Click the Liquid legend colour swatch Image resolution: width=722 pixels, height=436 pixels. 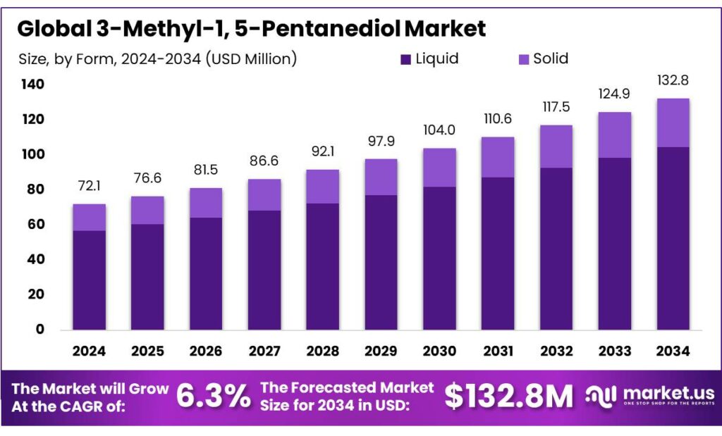(x=406, y=60)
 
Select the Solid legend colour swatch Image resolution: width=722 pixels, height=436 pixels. (x=523, y=60)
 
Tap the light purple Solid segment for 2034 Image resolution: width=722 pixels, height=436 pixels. (x=673, y=123)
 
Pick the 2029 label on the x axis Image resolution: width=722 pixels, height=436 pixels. (x=381, y=351)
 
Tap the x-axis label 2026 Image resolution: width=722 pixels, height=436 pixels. (x=206, y=351)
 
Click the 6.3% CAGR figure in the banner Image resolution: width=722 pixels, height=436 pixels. (x=212, y=397)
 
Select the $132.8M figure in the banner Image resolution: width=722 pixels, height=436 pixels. (x=508, y=397)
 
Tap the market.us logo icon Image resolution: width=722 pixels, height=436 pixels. (x=601, y=397)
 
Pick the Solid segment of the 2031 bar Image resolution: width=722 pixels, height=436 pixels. (x=498, y=157)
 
